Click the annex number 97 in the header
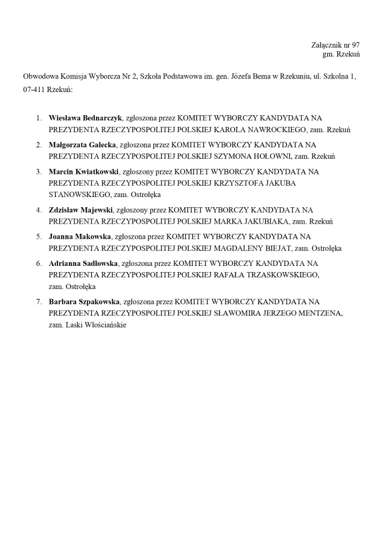click(355, 45)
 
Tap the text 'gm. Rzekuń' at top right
click(341, 54)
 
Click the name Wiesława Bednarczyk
click(85, 118)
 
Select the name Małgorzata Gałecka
click(82, 145)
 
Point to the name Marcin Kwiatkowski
click(83, 171)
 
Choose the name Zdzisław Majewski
click(81, 210)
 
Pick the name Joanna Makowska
click(80, 237)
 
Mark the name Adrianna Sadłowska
click(83, 263)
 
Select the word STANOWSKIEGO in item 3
click(80, 194)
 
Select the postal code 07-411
click(34, 89)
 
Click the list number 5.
click(39, 237)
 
